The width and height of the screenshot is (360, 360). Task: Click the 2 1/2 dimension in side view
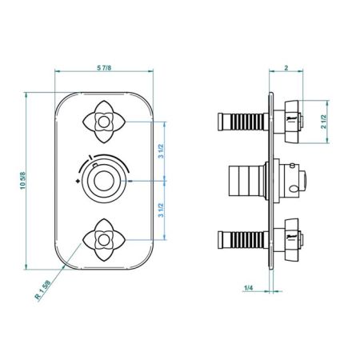(323, 122)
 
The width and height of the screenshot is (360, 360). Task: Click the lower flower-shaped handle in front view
(102, 237)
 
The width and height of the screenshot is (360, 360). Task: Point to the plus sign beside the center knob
(78, 182)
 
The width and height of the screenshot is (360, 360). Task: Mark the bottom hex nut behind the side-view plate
(290, 238)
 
